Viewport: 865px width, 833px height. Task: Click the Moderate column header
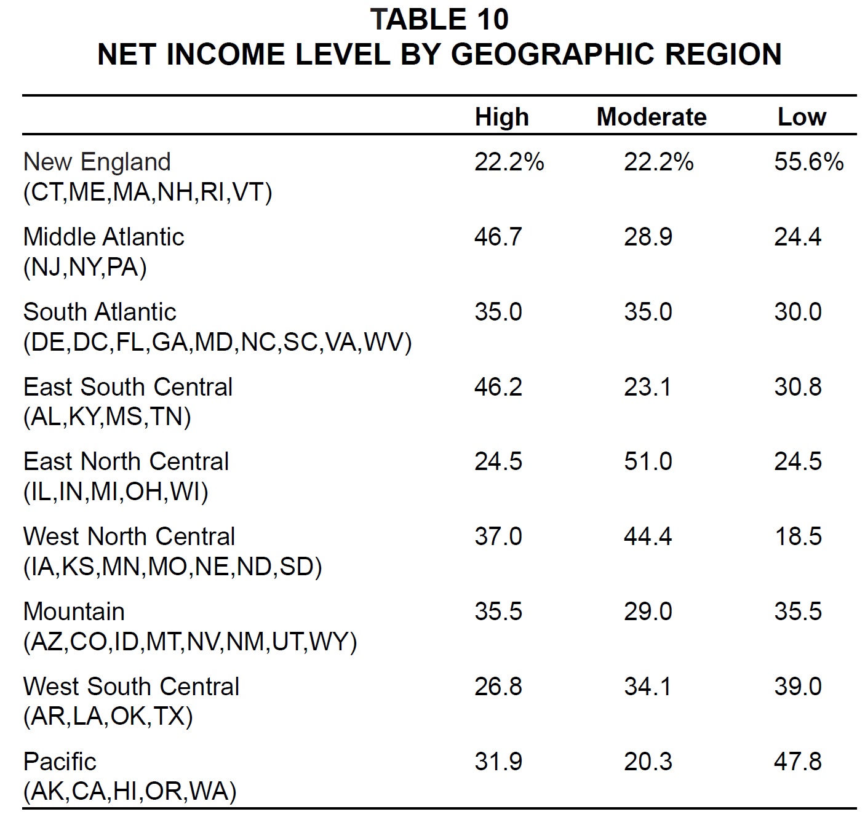pyautogui.click(x=652, y=117)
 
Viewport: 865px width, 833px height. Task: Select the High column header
pyautogui.click(x=502, y=118)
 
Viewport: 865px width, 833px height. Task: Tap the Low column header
pyautogui.click(x=802, y=117)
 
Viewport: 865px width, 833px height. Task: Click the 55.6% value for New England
pyautogui.click(x=808, y=162)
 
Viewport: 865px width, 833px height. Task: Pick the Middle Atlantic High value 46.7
pyautogui.click(x=498, y=237)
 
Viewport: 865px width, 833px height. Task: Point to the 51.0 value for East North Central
pyautogui.click(x=648, y=461)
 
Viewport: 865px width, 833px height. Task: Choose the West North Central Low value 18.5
pyautogui.click(x=798, y=536)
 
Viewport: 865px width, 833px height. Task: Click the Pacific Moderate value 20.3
pyautogui.click(x=648, y=762)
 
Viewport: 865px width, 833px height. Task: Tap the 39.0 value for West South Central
pyautogui.click(x=798, y=687)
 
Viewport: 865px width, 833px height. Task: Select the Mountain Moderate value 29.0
pyautogui.click(x=648, y=612)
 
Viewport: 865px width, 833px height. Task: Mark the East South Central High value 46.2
pyautogui.click(x=498, y=387)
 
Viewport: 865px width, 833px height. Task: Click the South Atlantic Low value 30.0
pyautogui.click(x=798, y=312)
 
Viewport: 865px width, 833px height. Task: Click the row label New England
pyautogui.click(x=97, y=162)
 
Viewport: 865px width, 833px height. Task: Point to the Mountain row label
pyautogui.click(x=74, y=612)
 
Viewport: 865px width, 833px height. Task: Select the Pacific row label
pyautogui.click(x=60, y=762)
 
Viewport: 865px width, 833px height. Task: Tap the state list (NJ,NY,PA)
pyautogui.click(x=85, y=268)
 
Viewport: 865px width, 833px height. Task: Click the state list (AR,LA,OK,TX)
pyautogui.click(x=108, y=717)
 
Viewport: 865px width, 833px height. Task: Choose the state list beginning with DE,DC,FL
pyautogui.click(x=218, y=343)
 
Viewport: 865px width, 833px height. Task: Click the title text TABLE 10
pyautogui.click(x=439, y=20)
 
